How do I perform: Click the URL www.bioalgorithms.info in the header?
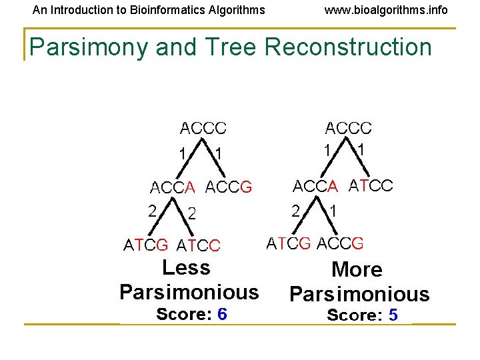pos(386,10)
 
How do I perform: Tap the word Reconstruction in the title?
pos(348,47)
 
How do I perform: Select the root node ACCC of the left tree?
pos(203,128)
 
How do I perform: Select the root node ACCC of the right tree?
pos(348,128)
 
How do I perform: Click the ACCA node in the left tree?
pos(173,187)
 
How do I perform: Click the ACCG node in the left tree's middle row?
pos(229,187)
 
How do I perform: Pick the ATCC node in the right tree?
pos(371,185)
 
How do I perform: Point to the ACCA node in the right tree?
pos(317,185)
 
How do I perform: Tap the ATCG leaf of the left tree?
pos(146,245)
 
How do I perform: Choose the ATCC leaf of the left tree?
pos(199,245)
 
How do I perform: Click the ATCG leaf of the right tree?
pos(289,243)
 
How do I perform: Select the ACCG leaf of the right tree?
pos(340,243)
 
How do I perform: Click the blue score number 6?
pos(222,314)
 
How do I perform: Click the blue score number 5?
pos(393,315)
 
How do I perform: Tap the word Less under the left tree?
pos(186,268)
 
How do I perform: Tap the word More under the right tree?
pos(357,270)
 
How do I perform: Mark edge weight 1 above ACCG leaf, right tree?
pos(333,211)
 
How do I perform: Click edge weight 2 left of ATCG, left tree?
pos(153,211)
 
